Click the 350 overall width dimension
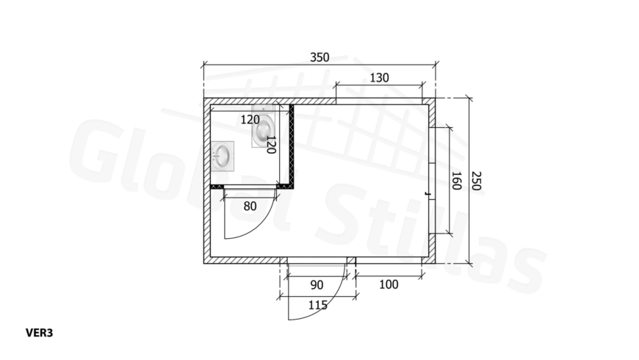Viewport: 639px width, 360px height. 319,57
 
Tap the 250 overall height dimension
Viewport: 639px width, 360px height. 476,181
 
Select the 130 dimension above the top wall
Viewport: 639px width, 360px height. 379,77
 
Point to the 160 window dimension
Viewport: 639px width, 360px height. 456,181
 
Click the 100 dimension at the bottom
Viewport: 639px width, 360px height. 389,284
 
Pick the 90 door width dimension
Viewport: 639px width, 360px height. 317,285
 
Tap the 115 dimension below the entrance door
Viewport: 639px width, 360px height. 317,305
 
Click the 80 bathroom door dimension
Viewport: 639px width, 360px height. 250,206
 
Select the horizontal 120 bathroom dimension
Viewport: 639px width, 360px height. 250,120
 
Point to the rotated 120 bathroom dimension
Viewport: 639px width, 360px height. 271,145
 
